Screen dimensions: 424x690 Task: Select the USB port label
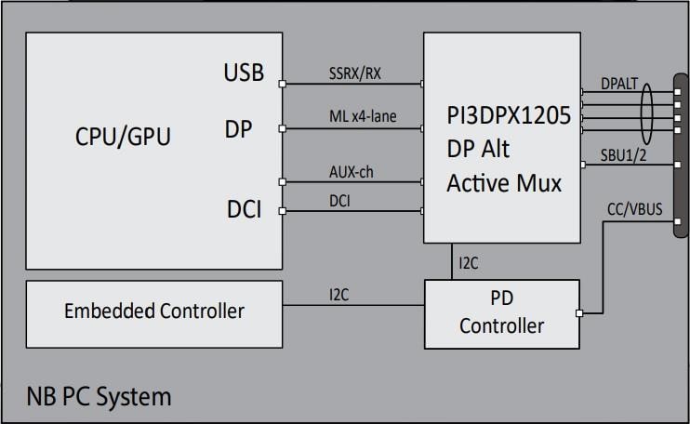(243, 72)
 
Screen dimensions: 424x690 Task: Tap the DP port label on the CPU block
(238, 130)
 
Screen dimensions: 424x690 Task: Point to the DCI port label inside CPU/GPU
(244, 210)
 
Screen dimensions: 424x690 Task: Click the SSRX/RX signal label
(356, 73)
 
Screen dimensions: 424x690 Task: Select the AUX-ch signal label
(352, 173)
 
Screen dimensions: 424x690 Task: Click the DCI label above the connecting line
(339, 200)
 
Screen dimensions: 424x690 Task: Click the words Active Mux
(504, 183)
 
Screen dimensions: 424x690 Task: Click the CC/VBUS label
(634, 209)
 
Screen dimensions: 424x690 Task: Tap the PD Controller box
(501, 313)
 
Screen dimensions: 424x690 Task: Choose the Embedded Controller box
(153, 311)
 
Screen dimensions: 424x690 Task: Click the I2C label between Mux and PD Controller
(469, 263)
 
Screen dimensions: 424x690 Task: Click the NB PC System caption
(99, 397)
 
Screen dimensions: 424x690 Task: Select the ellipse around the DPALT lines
(645, 118)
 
